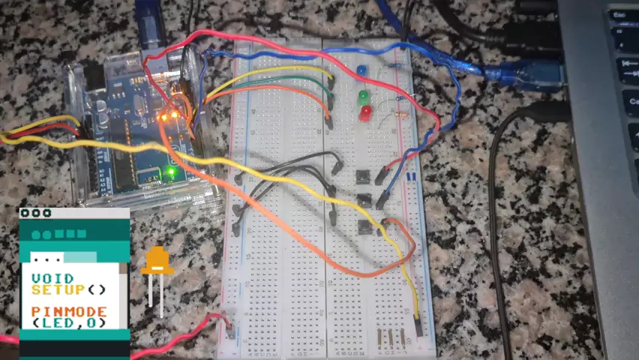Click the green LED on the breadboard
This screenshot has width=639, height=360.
[363, 97]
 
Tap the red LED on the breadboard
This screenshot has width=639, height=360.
[365, 112]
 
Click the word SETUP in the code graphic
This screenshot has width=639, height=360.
[59, 289]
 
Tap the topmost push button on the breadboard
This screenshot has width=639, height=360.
[363, 178]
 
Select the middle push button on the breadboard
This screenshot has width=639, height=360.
[364, 201]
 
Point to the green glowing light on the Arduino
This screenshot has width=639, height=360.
[171, 172]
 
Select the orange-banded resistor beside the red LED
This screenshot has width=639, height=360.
[400, 115]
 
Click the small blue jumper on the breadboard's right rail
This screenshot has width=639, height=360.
[412, 177]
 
